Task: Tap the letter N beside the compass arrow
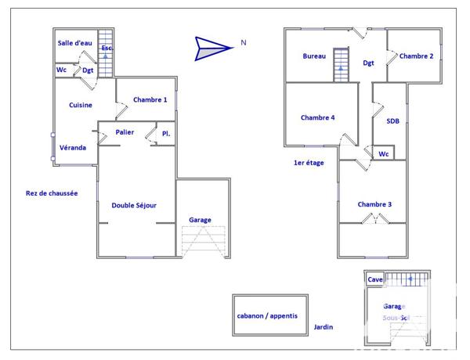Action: (244, 43)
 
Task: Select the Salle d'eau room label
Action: (76, 43)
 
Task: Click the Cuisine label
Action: (81, 105)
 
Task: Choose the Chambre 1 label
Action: (150, 99)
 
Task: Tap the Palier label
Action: (125, 132)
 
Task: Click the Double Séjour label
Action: (134, 205)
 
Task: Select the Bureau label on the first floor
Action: (315, 56)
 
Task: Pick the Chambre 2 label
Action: (416, 56)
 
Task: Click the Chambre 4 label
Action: (317, 117)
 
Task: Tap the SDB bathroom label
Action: (392, 121)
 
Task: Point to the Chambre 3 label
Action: (374, 204)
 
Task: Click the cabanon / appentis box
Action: (271, 316)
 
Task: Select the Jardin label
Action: (324, 327)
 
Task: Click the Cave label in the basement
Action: (376, 279)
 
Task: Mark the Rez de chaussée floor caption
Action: (52, 193)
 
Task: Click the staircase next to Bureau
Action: (341, 64)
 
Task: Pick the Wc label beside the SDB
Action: (383, 153)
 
